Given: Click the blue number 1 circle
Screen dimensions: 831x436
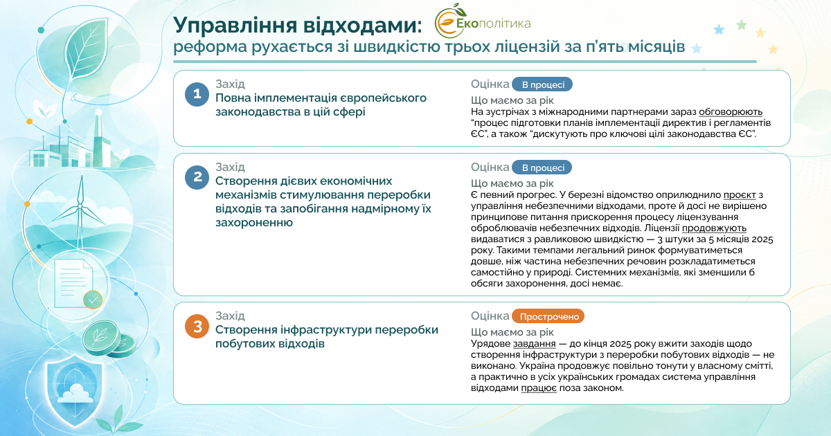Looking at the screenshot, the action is (197, 94).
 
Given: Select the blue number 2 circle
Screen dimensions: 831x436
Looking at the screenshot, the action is (197, 177).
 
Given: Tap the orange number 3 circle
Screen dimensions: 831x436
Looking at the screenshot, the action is (197, 326).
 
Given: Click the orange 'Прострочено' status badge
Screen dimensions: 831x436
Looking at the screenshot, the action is (548, 316).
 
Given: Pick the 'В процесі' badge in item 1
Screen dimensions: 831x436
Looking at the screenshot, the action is (542, 84).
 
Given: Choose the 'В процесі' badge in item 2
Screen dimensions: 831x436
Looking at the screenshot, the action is (542, 167).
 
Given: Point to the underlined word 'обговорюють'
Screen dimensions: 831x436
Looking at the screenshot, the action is (731, 112).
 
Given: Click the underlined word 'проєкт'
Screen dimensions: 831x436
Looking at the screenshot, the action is (740, 195).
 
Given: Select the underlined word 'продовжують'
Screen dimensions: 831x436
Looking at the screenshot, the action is (714, 228).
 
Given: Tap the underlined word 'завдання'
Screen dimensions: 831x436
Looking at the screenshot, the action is (534, 344).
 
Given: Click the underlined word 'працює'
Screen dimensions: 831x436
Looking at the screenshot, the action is (539, 388).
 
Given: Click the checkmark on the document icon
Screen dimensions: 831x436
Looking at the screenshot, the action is (93, 300).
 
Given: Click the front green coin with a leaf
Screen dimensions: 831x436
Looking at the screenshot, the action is (100, 338).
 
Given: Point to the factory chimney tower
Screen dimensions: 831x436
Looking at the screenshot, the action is (98, 137).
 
